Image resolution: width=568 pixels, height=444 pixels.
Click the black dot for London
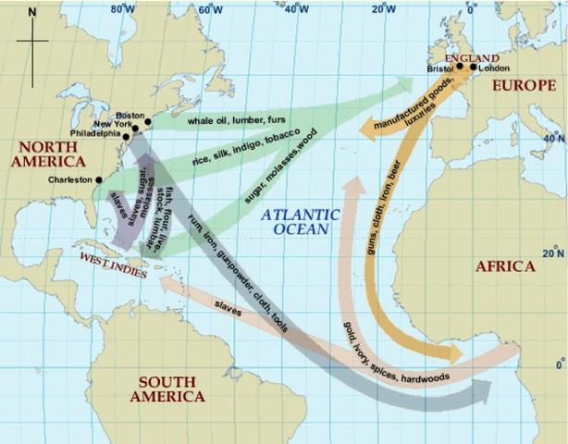[473, 67]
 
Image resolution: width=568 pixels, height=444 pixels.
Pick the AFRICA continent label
[504, 266]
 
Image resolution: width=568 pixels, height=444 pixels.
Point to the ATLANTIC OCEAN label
[300, 222]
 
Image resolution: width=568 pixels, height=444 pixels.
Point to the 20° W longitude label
[383, 11]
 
